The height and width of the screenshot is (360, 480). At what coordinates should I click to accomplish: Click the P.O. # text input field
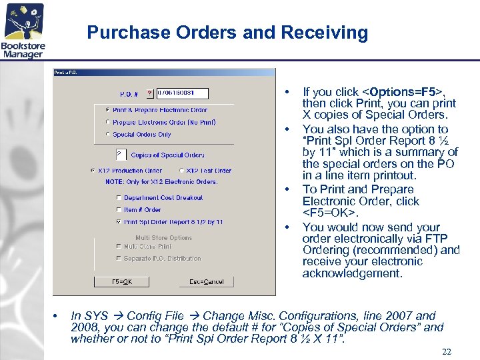(x=182, y=93)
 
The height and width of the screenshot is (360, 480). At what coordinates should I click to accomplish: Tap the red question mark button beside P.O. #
(x=150, y=94)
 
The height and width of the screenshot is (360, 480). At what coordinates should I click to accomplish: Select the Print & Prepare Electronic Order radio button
(x=108, y=110)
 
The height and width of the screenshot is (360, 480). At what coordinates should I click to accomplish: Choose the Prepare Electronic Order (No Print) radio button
(x=108, y=122)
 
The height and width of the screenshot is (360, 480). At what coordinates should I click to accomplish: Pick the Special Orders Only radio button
(x=108, y=134)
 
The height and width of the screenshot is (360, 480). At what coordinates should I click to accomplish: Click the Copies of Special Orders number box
(x=121, y=154)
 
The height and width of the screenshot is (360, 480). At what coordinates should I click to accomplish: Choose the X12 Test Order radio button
(x=181, y=171)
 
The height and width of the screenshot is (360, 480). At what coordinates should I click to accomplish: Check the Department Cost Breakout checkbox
(x=119, y=198)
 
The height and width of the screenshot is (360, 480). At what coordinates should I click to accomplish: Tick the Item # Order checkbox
(x=119, y=210)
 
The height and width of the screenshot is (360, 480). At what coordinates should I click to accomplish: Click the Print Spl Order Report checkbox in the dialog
(x=119, y=222)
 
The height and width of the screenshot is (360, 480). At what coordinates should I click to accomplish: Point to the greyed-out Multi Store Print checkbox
(x=119, y=247)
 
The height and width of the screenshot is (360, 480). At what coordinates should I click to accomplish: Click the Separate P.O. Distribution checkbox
(x=119, y=259)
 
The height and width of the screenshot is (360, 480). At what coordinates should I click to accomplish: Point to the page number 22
(x=446, y=351)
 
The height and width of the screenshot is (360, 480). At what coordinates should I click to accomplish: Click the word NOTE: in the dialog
(x=114, y=181)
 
